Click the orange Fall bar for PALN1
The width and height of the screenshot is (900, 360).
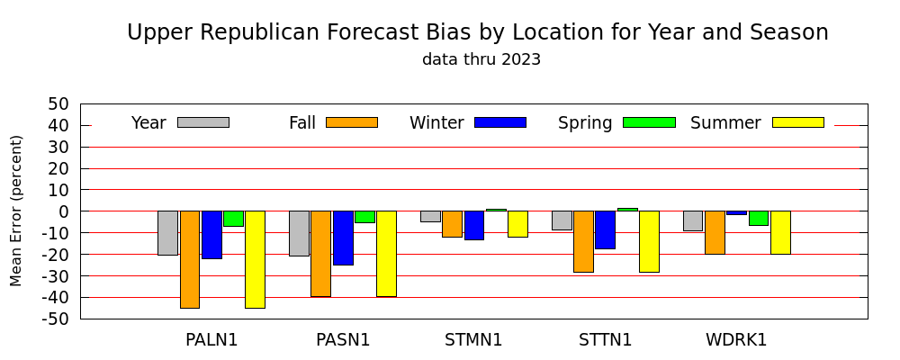coord(190,259)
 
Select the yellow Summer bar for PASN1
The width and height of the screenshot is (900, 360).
coord(386,254)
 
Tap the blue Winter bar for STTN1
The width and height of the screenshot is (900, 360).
coord(605,229)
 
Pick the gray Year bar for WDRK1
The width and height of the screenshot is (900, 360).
coord(693,221)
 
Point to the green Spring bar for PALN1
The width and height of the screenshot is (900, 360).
coord(234,219)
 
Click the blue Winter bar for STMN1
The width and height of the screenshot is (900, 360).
coord(474,225)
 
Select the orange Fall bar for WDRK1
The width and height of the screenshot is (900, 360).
coord(715,232)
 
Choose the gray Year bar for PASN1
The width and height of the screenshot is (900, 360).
coord(299,233)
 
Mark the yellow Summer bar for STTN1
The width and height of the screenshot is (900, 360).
coord(649,242)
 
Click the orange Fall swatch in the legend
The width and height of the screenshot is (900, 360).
coord(352,122)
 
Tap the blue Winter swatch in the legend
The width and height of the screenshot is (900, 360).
coord(500,122)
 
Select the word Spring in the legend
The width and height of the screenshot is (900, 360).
coord(585,123)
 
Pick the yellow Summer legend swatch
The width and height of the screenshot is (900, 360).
coord(797,122)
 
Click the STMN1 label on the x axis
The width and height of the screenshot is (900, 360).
coord(473,340)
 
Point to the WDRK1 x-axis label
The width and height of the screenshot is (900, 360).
coord(736,340)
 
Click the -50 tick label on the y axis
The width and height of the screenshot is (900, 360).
coord(58,319)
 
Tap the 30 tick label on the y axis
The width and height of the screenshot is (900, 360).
coord(59,147)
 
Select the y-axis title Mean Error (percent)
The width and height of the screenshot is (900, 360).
coord(16,211)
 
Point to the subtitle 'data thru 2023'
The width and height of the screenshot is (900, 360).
coord(481,59)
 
